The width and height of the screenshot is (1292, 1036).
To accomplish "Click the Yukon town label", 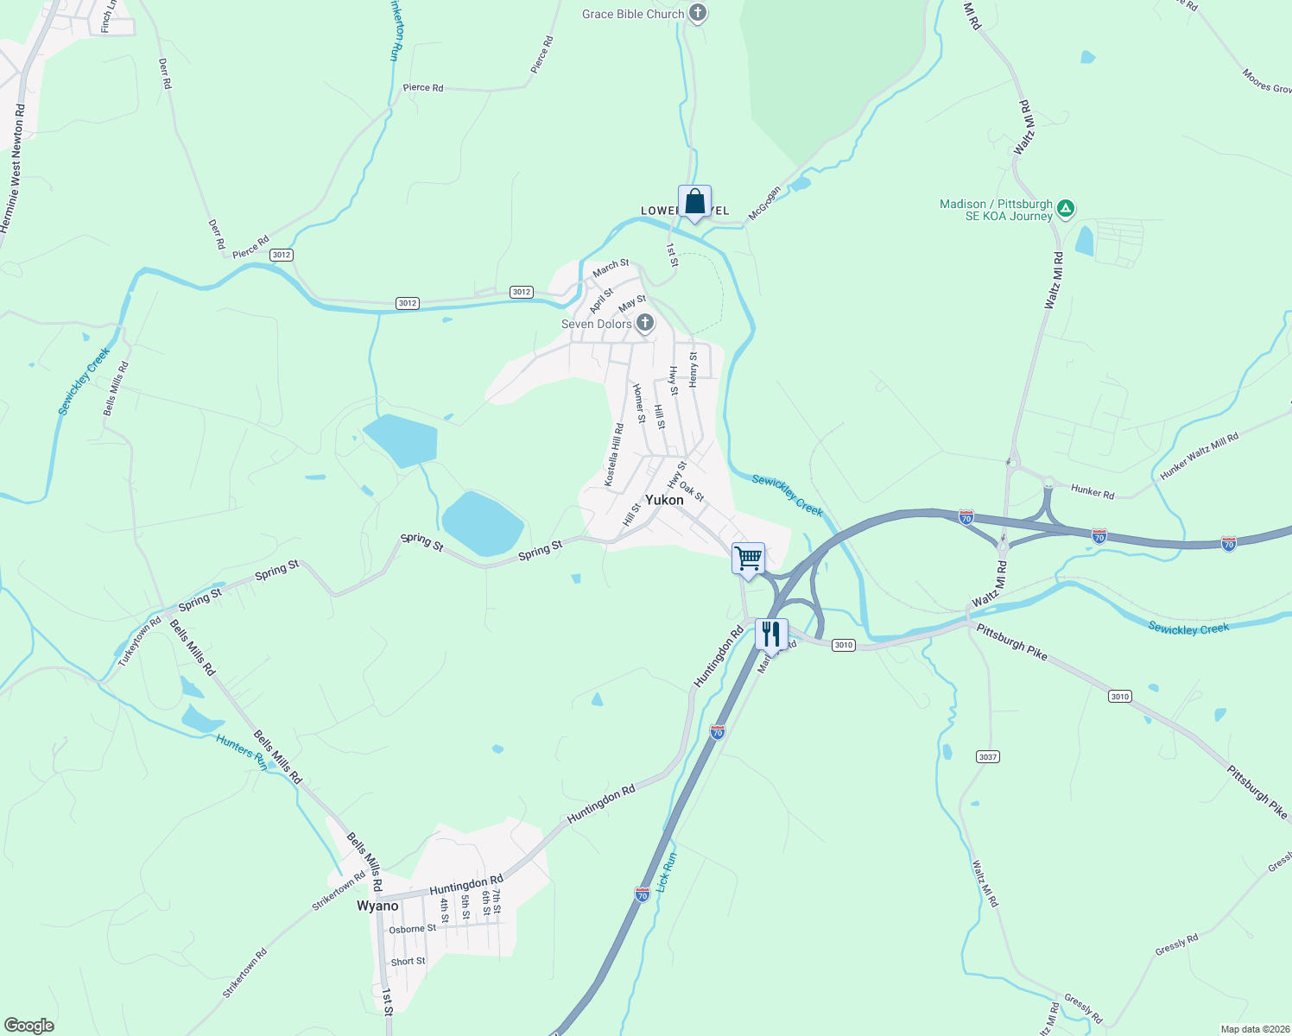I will (x=664, y=500).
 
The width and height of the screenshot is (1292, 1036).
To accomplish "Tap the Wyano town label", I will (x=377, y=906).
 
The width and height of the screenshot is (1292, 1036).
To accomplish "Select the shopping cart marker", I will (x=748, y=557).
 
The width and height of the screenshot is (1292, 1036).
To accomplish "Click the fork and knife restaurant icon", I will (x=771, y=634).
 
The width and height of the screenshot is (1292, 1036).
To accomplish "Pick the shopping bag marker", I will (x=694, y=202).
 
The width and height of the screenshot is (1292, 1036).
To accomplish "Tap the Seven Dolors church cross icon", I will (x=644, y=324).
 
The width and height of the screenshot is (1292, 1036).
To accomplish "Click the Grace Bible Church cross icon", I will (x=699, y=14).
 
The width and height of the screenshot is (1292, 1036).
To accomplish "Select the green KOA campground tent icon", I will (x=1067, y=207).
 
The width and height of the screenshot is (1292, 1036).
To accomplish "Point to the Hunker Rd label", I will (x=1092, y=491).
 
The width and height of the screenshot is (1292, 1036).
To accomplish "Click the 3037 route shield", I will (x=988, y=756).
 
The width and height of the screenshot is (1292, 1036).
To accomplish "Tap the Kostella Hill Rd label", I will (x=613, y=455).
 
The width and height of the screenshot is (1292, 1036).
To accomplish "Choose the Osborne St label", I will (x=412, y=929).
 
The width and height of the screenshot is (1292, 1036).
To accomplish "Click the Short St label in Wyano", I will (x=408, y=961).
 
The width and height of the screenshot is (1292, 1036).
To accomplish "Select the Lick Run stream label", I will (x=666, y=872).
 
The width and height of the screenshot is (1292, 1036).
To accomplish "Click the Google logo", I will (x=29, y=1025).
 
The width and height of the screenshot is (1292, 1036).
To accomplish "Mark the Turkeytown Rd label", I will (x=139, y=641).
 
